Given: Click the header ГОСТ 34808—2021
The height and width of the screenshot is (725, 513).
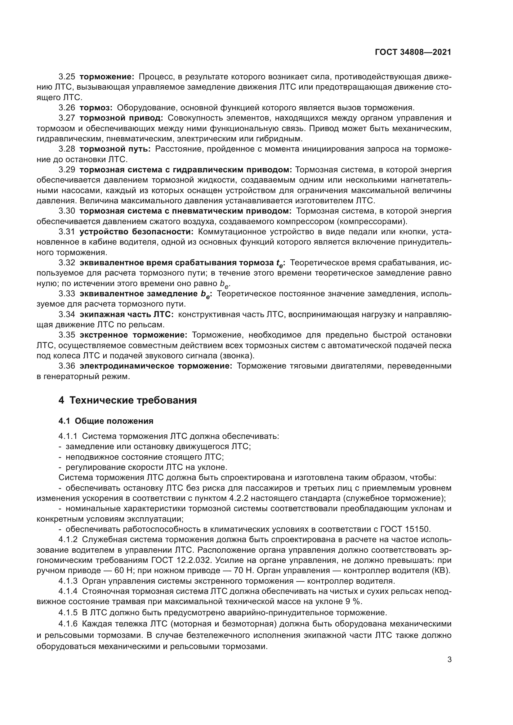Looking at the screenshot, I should (x=413, y=52).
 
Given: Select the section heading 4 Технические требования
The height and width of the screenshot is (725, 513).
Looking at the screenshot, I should (x=127, y=400).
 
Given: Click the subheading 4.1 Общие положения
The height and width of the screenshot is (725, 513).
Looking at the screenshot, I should (x=106, y=421).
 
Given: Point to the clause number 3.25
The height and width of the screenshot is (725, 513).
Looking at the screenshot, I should (x=67, y=77).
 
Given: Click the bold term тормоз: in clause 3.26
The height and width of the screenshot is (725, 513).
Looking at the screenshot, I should (x=96, y=108).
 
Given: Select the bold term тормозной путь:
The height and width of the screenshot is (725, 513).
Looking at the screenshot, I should (x=115, y=149).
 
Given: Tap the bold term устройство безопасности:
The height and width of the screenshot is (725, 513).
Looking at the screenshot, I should (x=136, y=232).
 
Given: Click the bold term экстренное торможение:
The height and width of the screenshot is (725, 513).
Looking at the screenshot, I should (x=134, y=335).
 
